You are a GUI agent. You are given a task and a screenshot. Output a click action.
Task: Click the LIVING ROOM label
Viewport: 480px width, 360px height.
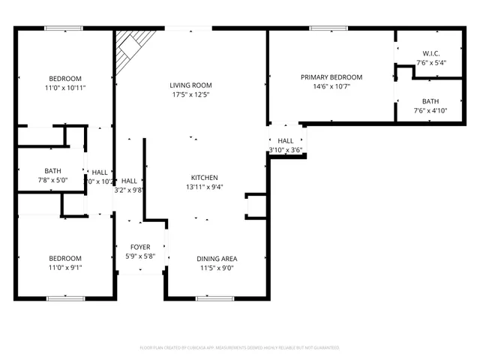coord(190,85)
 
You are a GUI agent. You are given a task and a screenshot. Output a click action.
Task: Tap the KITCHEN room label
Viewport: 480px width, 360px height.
coord(204,177)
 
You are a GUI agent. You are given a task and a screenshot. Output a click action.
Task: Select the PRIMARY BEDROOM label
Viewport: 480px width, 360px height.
coord(331,77)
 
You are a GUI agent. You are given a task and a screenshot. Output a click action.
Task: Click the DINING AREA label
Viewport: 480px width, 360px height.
coord(217,259)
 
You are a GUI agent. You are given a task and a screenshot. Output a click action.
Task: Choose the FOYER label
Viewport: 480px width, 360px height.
coord(140,247)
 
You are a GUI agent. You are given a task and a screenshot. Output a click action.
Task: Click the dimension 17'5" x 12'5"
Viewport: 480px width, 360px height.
coord(190,95)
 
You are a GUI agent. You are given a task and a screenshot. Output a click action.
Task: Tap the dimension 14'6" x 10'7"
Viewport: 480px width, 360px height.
coord(331,87)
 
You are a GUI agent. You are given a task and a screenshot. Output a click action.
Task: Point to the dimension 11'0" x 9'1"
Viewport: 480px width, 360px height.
coord(65,268)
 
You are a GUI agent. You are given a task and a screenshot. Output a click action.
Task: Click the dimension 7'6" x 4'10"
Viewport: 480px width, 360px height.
coord(430,111)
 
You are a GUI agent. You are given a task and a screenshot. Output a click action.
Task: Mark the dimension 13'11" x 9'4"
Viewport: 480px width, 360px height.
coord(204,187)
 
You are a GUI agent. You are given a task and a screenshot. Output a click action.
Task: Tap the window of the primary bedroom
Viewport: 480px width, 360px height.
coord(328,28)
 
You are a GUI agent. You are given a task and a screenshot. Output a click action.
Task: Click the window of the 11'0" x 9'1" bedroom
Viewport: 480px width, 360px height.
coord(65,298)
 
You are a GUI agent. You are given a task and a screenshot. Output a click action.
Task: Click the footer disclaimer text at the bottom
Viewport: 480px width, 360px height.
coord(240,348)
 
